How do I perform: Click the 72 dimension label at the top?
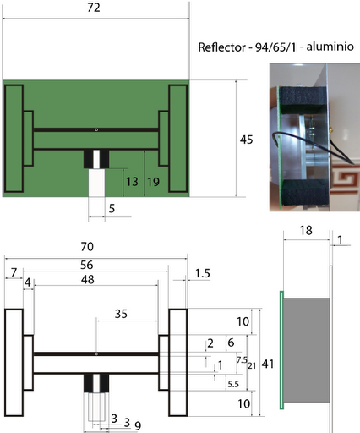(x=94, y=8)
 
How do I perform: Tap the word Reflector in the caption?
(x=221, y=47)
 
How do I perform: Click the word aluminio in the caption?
(x=330, y=46)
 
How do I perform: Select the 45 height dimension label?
(x=247, y=140)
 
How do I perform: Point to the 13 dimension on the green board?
(x=132, y=182)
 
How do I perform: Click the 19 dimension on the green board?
(x=154, y=182)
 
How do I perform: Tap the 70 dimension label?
(x=87, y=247)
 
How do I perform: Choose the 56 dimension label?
(x=87, y=265)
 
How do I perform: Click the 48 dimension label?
(x=88, y=280)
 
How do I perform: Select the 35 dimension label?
(x=121, y=314)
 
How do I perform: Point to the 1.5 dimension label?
(x=203, y=273)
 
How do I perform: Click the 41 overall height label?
(x=268, y=364)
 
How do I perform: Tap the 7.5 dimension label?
(x=242, y=360)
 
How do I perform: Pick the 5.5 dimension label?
(x=233, y=384)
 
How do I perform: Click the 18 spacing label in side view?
(x=306, y=231)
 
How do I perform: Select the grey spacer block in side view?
(x=307, y=350)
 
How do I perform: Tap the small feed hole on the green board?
(x=96, y=129)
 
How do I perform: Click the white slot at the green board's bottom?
(x=96, y=183)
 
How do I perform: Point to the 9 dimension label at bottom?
(x=138, y=425)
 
